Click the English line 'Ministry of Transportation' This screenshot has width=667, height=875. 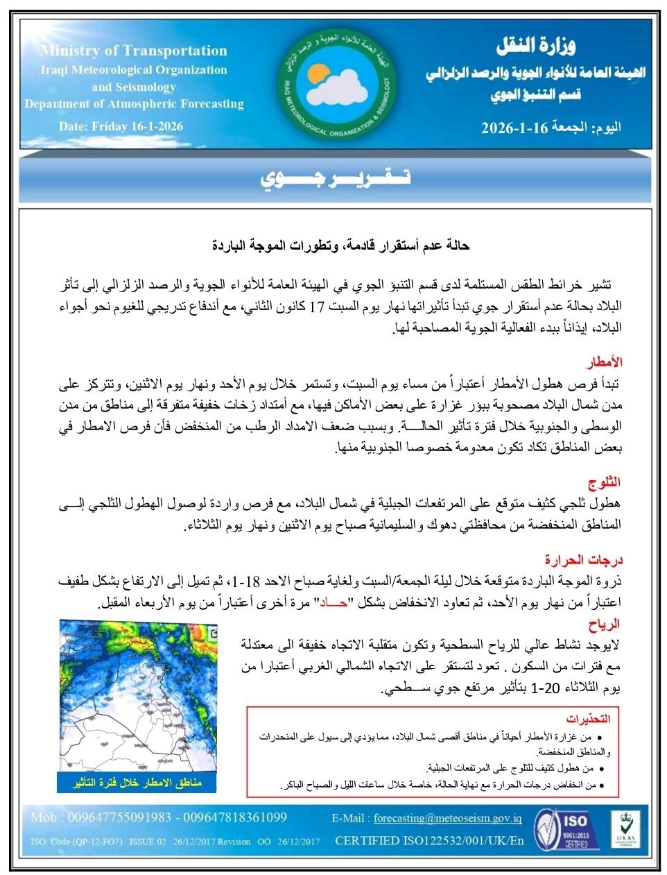point(134,51)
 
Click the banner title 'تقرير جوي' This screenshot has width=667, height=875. point(335,178)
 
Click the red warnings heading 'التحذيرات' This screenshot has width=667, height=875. point(587,718)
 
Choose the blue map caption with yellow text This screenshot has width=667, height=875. point(138,783)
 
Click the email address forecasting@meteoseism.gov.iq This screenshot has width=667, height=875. point(447,818)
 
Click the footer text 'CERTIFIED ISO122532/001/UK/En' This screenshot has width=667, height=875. point(429,841)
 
